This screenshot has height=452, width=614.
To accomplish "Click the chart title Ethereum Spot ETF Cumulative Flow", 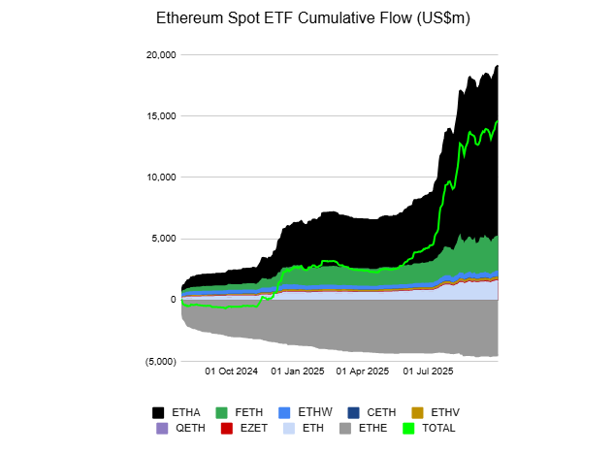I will click(x=307, y=18).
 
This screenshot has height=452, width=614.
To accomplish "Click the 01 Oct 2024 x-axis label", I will click(x=233, y=371).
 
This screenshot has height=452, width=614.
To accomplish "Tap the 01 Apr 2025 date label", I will click(x=363, y=371).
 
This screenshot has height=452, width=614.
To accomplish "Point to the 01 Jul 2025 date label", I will click(x=428, y=371).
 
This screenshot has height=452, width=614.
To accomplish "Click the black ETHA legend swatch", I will click(x=158, y=412).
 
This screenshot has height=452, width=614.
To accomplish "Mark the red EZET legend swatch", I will click(x=226, y=428).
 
